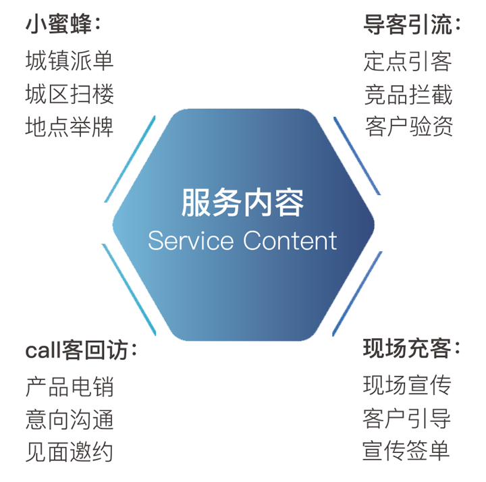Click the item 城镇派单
pyautogui.click(x=70, y=61)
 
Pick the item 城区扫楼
pyautogui.click(x=70, y=94)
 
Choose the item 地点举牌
pyautogui.click(x=69, y=127)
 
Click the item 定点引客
pyautogui.click(x=408, y=61)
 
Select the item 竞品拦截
pyautogui.click(x=408, y=95)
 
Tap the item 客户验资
pyautogui.click(x=409, y=126)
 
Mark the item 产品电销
pyautogui.click(x=70, y=387)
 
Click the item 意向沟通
pyautogui.click(x=70, y=419)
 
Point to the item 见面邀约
pyautogui.click(x=69, y=452)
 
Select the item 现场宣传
pyautogui.click(x=407, y=385)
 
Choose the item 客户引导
pyautogui.click(x=406, y=418)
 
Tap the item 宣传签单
pyautogui.click(x=406, y=450)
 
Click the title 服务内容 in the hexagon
pyautogui.click(x=242, y=203)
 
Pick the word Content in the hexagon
pyautogui.click(x=290, y=240)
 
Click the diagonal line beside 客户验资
pyautogui.click(x=357, y=156)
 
